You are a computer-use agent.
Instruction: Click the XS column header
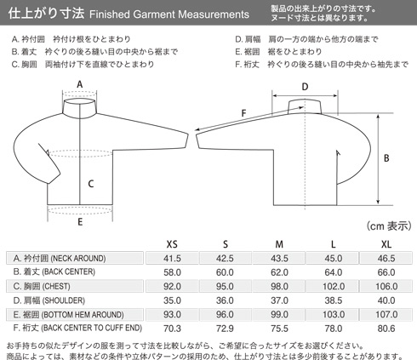(172, 244)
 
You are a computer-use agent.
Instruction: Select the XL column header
(386, 244)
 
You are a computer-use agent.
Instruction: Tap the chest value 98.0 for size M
(279, 286)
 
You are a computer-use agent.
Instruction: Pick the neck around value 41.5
(172, 259)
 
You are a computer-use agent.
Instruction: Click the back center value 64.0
(334, 272)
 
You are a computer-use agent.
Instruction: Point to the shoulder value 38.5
(334, 300)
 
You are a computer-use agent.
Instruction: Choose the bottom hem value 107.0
(386, 315)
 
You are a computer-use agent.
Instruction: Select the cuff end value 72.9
(225, 329)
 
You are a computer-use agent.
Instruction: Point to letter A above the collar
(80, 84)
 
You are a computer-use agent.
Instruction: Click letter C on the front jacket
(91, 184)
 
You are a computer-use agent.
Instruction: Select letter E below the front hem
(80, 222)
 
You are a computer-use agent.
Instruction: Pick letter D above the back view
(305, 87)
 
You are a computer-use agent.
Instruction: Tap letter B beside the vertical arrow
(386, 158)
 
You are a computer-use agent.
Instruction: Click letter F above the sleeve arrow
(243, 113)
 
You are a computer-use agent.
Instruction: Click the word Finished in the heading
(110, 14)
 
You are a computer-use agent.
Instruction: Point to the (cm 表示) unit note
(389, 226)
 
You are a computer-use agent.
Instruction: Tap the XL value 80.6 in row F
(386, 329)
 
